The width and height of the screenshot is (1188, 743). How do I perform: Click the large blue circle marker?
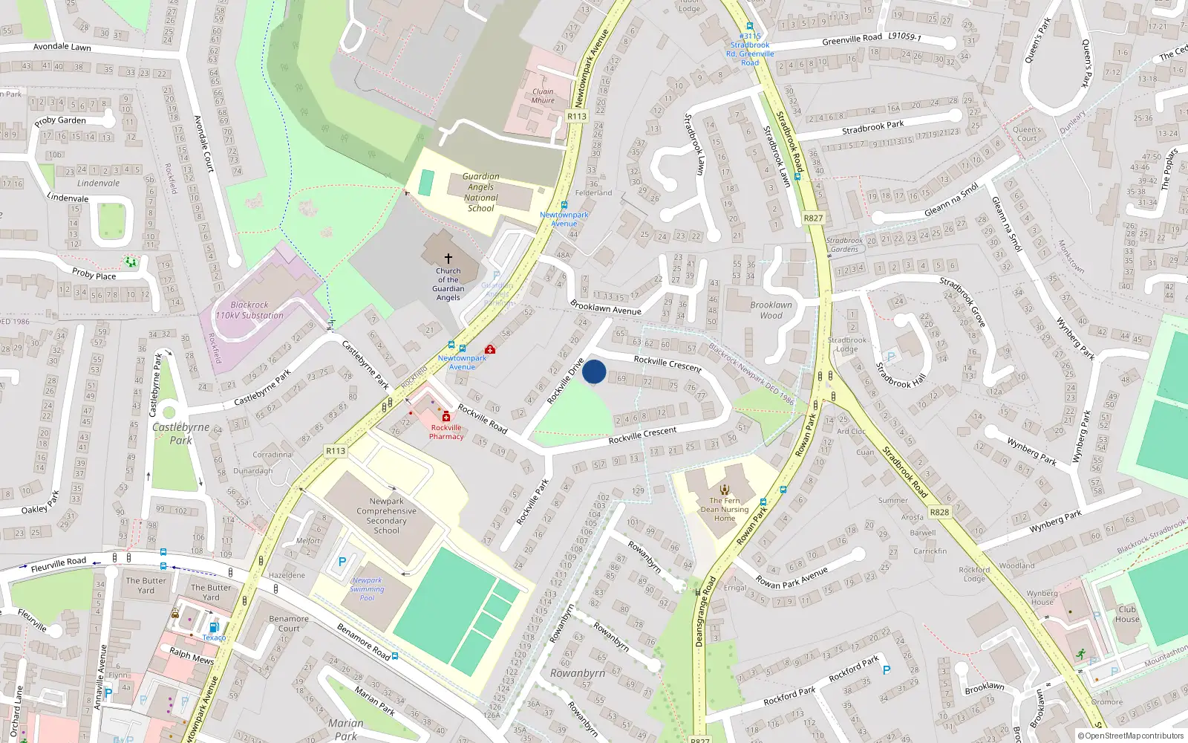pyautogui.click(x=594, y=371)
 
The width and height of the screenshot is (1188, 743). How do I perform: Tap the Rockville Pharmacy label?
pyautogui.click(x=446, y=432)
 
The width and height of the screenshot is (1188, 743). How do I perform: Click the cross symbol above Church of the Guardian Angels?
pyautogui.click(x=448, y=259)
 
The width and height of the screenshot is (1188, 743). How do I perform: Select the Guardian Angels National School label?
pyautogui.click(x=481, y=192)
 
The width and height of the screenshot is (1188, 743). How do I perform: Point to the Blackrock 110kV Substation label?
pyautogui.click(x=249, y=310)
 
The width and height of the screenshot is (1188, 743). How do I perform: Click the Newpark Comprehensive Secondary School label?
pyautogui.click(x=386, y=516)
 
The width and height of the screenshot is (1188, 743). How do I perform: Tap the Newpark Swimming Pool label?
pyautogui.click(x=367, y=589)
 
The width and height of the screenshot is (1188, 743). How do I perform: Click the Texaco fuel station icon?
pyautogui.click(x=214, y=627)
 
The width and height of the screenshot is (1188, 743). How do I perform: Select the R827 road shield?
pyautogui.click(x=813, y=218)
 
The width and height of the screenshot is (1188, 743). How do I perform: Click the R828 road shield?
pyautogui.click(x=939, y=512)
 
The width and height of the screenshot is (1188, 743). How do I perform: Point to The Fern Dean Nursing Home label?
pyautogui.click(x=725, y=509)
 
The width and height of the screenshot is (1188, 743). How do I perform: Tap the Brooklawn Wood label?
pyautogui.click(x=771, y=310)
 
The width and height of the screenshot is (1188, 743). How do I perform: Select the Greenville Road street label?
pyautogui.click(x=852, y=39)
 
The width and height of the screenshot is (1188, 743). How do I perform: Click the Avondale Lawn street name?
pyautogui.click(x=62, y=47)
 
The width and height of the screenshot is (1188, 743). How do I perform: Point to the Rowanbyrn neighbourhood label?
pyautogui.click(x=577, y=673)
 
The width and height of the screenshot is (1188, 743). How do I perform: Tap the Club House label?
pyautogui.click(x=1126, y=614)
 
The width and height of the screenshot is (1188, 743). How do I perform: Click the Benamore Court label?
pyautogui.click(x=289, y=623)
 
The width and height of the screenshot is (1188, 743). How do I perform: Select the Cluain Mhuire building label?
pyautogui.click(x=543, y=96)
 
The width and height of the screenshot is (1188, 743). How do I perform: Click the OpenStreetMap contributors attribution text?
pyautogui.click(x=1130, y=736)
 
